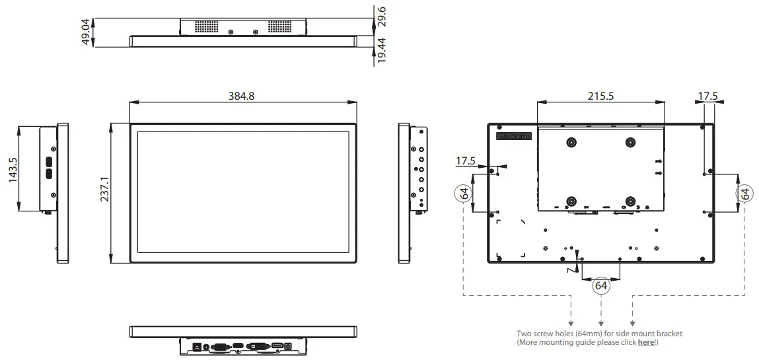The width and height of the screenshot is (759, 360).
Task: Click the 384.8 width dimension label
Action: tap(241, 96)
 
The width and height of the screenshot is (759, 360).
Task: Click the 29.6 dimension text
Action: tap(382, 16)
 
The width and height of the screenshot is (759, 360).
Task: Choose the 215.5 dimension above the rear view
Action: tap(600, 96)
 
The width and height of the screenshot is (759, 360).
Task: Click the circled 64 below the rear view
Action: tap(600, 286)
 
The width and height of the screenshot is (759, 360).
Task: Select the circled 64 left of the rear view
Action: tap(464, 194)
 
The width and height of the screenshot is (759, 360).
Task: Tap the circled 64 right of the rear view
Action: tap(744, 194)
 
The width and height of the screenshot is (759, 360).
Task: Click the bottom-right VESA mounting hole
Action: tap(630, 201)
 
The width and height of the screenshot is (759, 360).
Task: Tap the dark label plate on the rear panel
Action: tap(514, 136)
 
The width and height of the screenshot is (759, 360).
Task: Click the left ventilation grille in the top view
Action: tap(205, 27)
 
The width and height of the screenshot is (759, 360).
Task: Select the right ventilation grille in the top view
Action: tap(281, 27)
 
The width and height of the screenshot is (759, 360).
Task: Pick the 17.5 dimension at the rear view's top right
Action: tap(707, 96)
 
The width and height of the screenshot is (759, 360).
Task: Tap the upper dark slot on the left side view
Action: tap(48, 161)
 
